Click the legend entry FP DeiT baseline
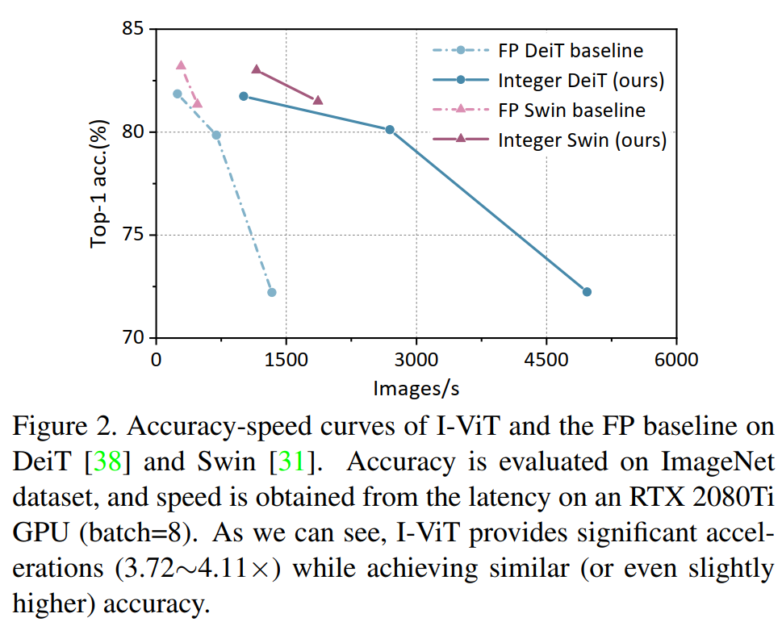tap(571, 51)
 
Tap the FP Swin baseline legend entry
tap(571, 110)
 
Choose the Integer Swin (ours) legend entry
tap(582, 140)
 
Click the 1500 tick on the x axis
tap(286, 360)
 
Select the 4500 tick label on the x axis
tap(546, 360)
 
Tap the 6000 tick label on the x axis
tap(676, 360)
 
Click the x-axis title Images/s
tap(416, 389)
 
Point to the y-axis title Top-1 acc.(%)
tap(99, 183)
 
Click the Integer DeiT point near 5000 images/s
tap(587, 291)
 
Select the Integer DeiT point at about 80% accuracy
tap(390, 129)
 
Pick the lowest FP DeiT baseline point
tap(272, 292)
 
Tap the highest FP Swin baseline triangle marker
tap(181, 65)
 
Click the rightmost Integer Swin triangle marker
tap(318, 100)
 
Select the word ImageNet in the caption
tap(711, 463)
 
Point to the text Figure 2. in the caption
tap(56, 426)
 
